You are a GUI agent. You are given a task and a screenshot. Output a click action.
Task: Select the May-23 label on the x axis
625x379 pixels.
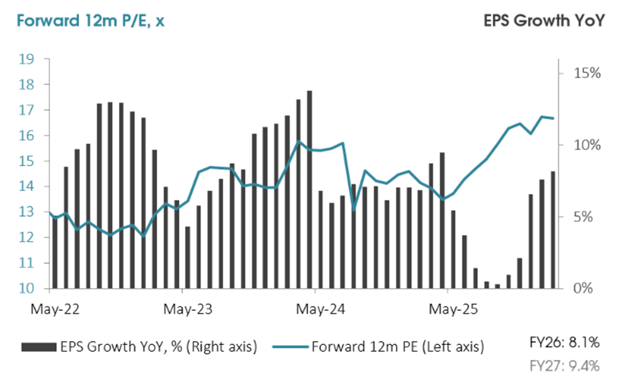pyautogui.click(x=182, y=310)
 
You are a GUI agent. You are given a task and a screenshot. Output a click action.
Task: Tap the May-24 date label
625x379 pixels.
pyautogui.click(x=315, y=310)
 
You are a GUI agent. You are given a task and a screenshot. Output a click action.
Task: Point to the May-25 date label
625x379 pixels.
pyautogui.click(x=447, y=310)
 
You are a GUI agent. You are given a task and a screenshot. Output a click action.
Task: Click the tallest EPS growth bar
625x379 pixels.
pyautogui.click(x=309, y=188)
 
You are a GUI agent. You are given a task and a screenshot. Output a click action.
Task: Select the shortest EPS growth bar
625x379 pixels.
pyautogui.click(x=497, y=286)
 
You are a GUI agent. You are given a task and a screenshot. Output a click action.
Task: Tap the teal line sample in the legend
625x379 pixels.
pyautogui.click(x=290, y=347)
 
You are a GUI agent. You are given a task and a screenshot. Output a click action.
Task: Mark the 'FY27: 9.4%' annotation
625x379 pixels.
pyautogui.click(x=569, y=366)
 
